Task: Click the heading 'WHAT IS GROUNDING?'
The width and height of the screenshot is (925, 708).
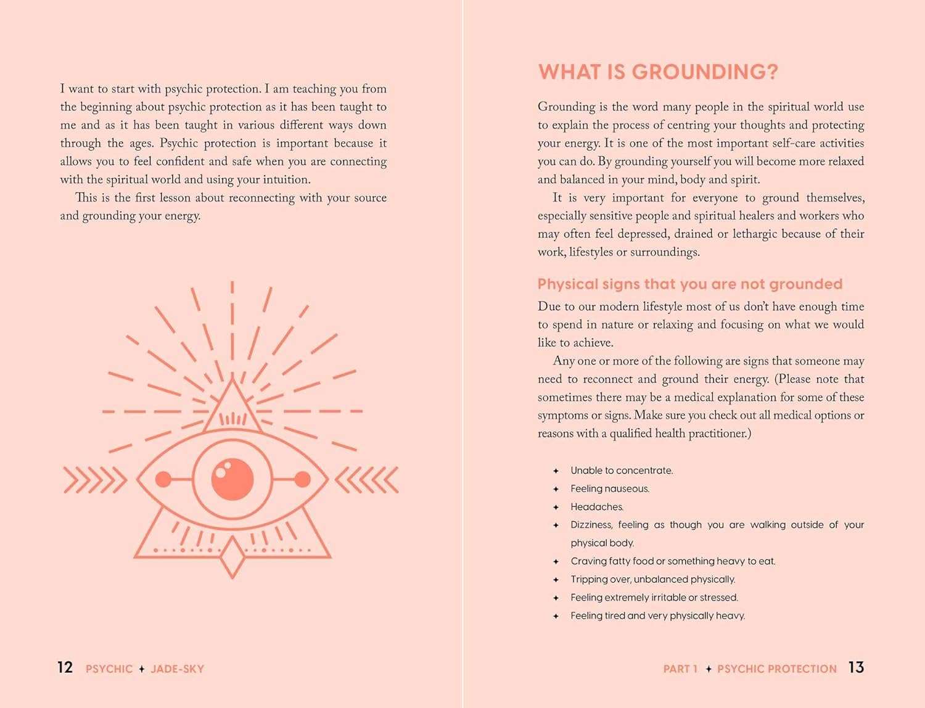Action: coord(658,72)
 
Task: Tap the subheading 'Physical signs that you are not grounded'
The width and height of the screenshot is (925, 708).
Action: coord(689,284)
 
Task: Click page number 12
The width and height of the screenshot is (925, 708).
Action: coord(65,668)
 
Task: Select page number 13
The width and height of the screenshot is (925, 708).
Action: coord(856,668)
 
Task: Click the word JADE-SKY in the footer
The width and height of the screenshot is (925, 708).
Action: coord(177,669)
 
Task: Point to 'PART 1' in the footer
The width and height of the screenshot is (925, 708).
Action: coord(680,669)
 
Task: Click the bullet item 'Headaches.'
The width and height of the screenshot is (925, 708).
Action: coord(597,507)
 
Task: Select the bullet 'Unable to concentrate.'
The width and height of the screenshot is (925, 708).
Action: coord(622,471)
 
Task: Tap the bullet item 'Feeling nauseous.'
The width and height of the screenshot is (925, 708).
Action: coord(610,489)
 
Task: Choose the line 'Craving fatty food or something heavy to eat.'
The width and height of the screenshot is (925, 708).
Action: coord(673,561)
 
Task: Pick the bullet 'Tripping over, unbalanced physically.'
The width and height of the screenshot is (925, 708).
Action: coord(652,580)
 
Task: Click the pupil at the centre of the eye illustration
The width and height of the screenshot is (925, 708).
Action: coord(232,479)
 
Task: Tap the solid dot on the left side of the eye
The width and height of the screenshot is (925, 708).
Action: coord(163,479)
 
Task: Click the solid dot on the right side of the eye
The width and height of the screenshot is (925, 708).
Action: coord(302,479)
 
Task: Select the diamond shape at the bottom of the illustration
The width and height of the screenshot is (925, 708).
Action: coord(232,557)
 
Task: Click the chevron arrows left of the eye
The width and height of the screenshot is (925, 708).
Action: coord(94,480)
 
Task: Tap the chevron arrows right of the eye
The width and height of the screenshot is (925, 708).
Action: coord(367,480)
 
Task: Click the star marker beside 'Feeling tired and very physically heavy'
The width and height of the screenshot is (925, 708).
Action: coord(556,616)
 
